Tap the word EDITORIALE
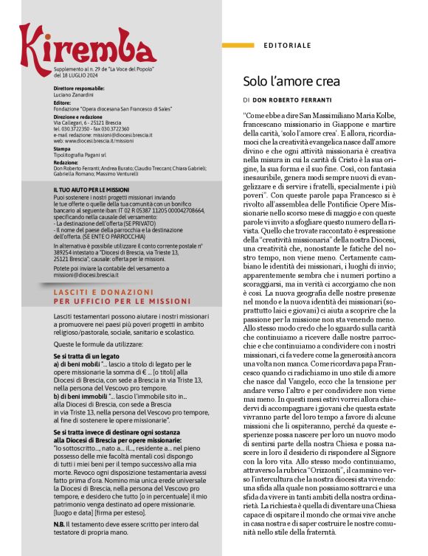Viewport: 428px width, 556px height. (x=287, y=45)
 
